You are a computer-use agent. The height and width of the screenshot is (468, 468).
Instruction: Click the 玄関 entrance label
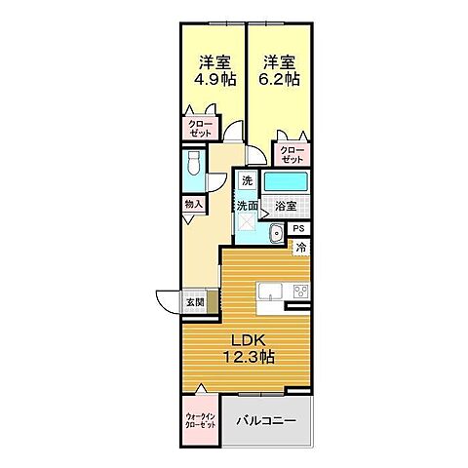click(195, 303)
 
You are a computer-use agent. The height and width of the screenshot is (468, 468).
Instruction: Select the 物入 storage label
click(193, 204)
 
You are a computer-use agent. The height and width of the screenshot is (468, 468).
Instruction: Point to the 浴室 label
click(284, 207)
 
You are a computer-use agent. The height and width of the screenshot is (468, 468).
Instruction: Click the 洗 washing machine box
click(248, 181)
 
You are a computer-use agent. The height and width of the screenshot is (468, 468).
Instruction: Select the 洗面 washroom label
click(247, 206)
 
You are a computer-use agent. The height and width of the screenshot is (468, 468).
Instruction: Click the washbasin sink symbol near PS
click(276, 232)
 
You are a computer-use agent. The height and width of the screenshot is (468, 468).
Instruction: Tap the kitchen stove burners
click(300, 292)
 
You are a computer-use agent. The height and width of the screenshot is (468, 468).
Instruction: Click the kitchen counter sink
click(268, 291)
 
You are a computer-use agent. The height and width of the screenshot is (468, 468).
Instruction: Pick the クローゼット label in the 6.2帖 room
click(292, 154)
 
